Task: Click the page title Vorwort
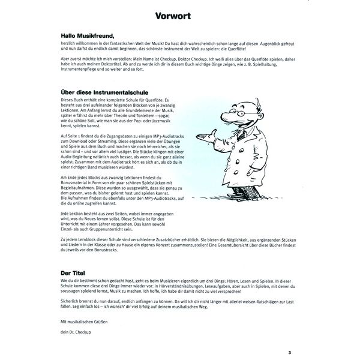click(x=175, y=16)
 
